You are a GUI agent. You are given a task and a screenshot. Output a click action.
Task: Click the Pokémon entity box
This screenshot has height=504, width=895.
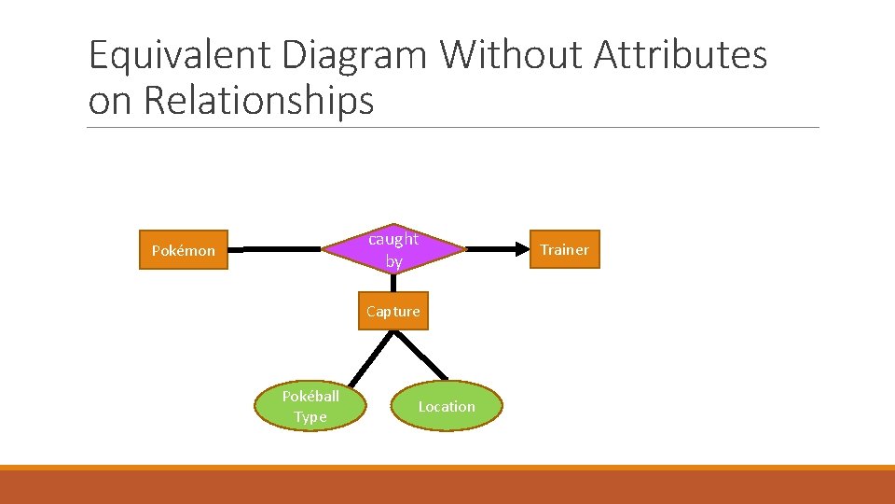point(183,250)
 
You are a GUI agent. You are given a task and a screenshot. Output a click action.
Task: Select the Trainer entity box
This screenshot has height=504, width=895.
point(564,249)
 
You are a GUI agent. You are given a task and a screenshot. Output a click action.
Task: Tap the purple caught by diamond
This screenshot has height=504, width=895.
point(393,250)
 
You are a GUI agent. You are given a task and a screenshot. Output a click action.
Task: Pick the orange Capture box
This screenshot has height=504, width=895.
point(393,311)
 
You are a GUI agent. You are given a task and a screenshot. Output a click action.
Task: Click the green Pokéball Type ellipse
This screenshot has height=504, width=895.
point(310,406)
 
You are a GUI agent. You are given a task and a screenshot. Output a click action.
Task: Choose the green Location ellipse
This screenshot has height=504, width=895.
point(447,406)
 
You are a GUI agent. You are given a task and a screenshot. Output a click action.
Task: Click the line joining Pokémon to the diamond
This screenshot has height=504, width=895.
point(275,250)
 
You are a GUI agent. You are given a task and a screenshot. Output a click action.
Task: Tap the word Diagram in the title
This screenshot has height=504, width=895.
point(352,56)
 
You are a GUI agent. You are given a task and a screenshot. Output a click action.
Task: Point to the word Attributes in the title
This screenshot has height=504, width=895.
point(681,56)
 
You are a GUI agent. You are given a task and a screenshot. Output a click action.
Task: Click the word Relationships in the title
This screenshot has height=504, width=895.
point(258,101)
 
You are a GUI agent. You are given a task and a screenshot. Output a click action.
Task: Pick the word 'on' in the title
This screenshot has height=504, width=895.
point(110,101)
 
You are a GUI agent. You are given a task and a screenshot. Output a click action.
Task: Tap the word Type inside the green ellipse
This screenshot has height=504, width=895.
point(310,417)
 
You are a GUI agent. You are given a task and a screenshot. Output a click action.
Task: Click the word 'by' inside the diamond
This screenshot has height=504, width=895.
point(393,261)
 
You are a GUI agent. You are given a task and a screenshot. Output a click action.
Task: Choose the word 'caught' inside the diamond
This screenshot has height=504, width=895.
point(393,239)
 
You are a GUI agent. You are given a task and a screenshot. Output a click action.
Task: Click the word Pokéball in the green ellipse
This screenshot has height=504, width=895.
point(310,396)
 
